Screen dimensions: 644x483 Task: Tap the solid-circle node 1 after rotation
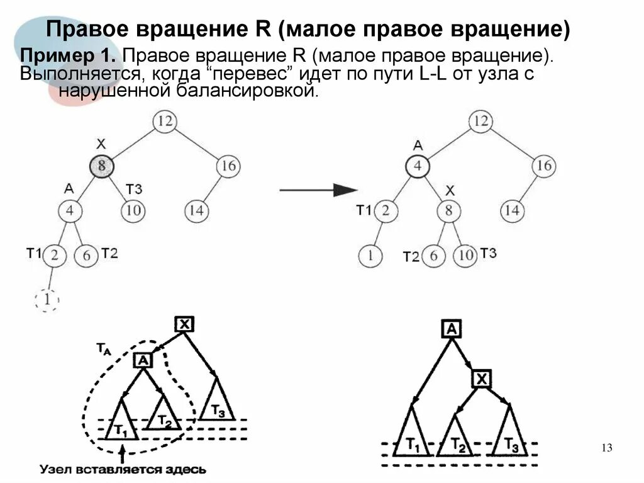coord(370,256)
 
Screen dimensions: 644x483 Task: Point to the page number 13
coord(606,448)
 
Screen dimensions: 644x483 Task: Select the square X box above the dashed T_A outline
coord(184,324)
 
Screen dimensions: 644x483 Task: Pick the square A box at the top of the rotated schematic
coord(451,329)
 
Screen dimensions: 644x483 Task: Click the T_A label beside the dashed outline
coord(103,348)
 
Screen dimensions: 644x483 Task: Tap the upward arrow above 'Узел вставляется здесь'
coord(123,452)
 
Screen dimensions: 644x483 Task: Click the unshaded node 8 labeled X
coord(448,210)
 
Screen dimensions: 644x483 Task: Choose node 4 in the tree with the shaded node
coord(70,210)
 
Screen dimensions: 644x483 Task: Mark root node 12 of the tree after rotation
coord(480,121)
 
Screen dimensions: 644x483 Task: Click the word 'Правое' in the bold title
coord(86,30)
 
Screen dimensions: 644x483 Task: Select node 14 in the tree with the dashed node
coord(196,210)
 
